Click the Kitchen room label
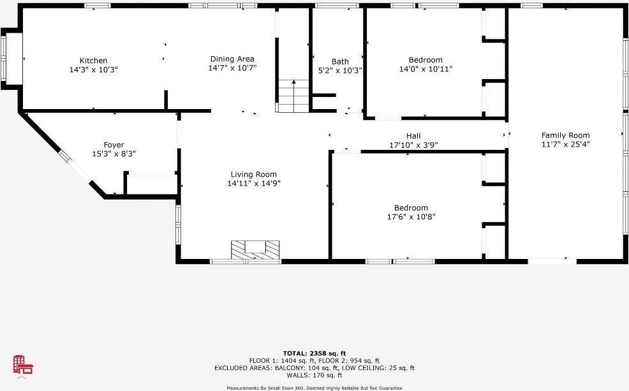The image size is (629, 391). (x=93, y=61)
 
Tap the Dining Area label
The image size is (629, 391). (x=232, y=59)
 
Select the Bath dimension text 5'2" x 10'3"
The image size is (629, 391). (x=340, y=71)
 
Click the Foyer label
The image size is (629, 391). (x=114, y=145)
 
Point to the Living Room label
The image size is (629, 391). (x=254, y=174)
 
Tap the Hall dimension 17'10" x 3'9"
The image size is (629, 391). (x=413, y=145)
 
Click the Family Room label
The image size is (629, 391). (x=565, y=135)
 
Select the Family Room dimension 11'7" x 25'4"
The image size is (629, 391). (x=565, y=144)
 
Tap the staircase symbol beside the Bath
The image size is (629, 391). (x=293, y=95)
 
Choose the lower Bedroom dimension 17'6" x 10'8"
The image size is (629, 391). (x=411, y=217)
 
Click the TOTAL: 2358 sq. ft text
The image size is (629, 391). (x=314, y=353)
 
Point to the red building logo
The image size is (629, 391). (x=23, y=365)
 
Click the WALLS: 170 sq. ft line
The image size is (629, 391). (x=314, y=375)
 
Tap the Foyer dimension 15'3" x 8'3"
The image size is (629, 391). (x=114, y=154)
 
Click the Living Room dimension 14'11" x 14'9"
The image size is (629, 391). (x=254, y=183)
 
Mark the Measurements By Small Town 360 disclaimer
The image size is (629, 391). (x=314, y=388)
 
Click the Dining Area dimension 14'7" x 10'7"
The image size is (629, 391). (x=232, y=68)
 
